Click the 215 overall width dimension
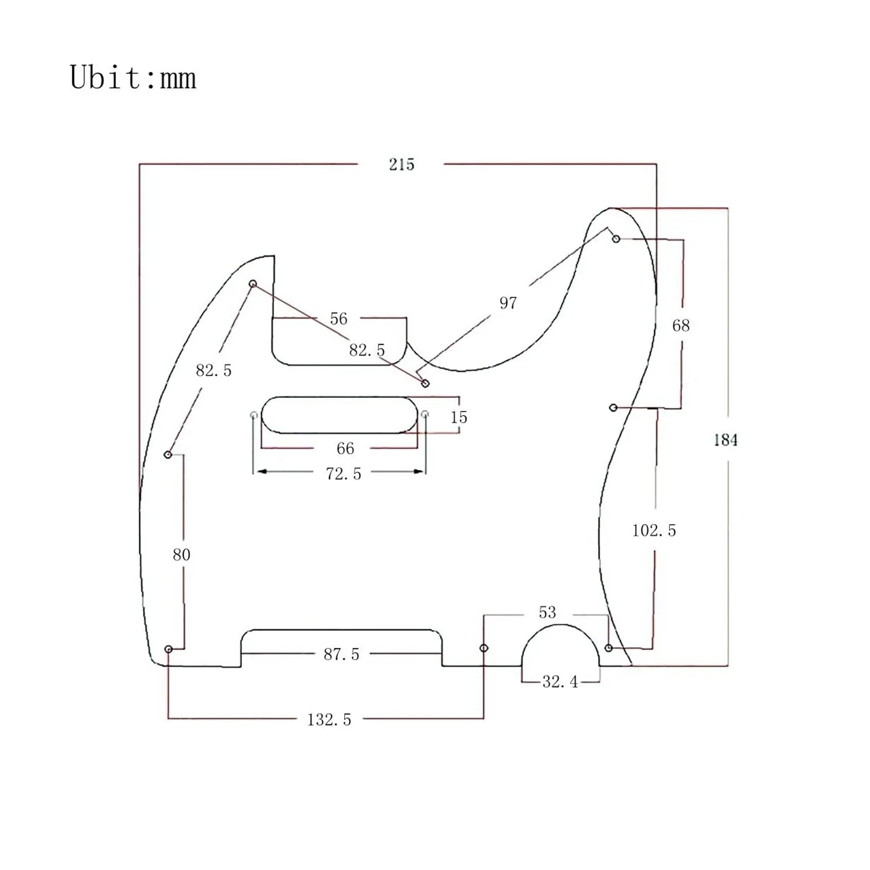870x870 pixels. pos(401,164)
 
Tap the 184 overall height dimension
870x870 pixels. pos(726,440)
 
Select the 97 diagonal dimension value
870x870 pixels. pos(508,303)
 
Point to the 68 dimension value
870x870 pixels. pos(681,326)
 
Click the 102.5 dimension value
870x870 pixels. pos(654,531)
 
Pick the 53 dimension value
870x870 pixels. pos(547,613)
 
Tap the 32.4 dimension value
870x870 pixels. pos(560,682)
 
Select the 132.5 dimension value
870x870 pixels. pos(329,720)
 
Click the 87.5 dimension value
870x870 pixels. pos(341,654)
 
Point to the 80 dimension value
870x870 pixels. pos(181,555)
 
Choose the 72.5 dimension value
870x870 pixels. pos(343,474)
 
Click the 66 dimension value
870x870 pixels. pos(345,449)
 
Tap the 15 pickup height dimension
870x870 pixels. pos(458,418)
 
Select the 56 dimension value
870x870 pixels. pos(338,319)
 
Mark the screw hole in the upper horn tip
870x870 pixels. pos(616,239)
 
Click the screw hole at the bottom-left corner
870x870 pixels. pos(169,649)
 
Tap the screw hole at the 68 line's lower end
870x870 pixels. pos(613,407)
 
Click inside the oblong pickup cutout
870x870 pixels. pos(339,415)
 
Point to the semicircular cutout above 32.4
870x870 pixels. pos(560,625)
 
